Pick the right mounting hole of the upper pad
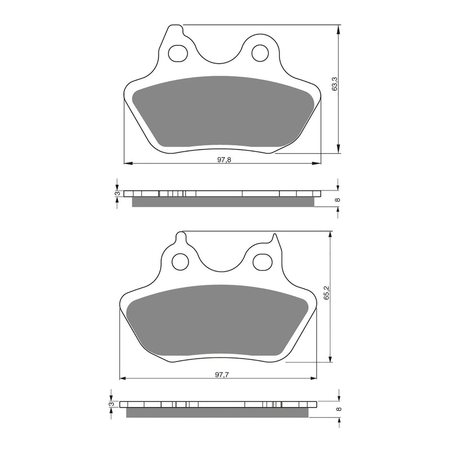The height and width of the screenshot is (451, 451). click(x=260, y=53)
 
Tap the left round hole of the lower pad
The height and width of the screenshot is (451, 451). click(x=180, y=262)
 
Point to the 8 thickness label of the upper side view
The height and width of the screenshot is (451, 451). click(x=337, y=200)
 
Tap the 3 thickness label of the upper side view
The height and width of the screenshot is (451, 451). click(x=117, y=193)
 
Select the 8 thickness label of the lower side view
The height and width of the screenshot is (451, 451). click(x=337, y=410)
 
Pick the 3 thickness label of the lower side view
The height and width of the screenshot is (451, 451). click(x=112, y=404)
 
